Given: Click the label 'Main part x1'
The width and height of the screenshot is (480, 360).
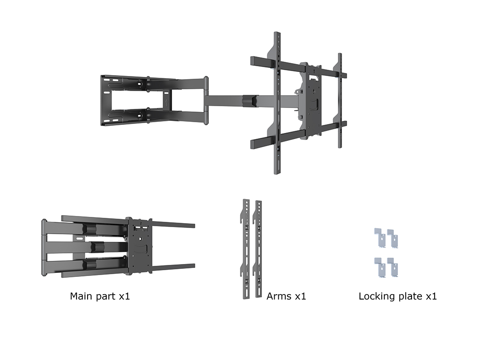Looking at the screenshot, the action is [x=100, y=296].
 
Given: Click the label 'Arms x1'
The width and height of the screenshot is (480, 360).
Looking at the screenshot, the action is [x=286, y=296].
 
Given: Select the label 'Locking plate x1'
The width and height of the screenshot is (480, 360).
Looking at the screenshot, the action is [x=398, y=296].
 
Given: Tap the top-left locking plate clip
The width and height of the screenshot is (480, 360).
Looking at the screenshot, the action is [x=380, y=238].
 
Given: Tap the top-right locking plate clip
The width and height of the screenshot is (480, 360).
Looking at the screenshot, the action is [x=393, y=239].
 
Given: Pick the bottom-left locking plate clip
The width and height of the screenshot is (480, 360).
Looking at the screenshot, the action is [x=380, y=267].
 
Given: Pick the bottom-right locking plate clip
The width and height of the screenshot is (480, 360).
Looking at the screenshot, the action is [x=393, y=268].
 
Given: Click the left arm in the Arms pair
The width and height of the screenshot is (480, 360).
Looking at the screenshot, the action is [x=246, y=249].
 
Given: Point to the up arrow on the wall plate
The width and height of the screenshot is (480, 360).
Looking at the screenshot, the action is [x=166, y=102].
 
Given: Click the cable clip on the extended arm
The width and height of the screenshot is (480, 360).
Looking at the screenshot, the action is [x=249, y=101].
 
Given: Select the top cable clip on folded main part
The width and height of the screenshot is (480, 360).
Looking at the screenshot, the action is [x=89, y=229].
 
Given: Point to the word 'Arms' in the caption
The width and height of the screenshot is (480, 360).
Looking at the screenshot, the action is [x=279, y=296].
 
